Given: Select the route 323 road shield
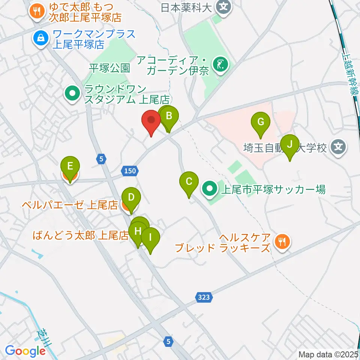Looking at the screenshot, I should coord(204,297).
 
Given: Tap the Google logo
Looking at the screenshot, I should coord(25,351).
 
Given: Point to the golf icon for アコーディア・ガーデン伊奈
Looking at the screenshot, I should coord(219,64).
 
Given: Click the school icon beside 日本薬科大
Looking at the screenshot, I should coord(224,7).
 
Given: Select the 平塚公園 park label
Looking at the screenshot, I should coord(109,68).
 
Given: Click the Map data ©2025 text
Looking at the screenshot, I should coord(328,354).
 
